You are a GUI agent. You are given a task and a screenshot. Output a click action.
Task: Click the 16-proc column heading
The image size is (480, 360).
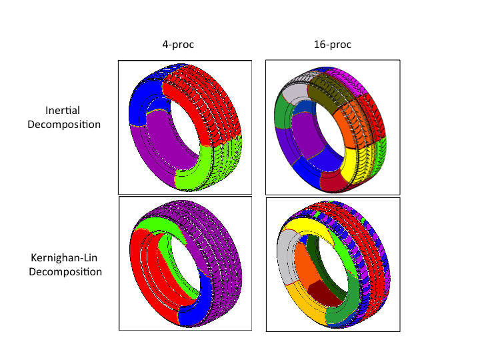(x=332, y=45)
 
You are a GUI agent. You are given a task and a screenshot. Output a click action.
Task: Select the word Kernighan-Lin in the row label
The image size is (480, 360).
(x=65, y=258)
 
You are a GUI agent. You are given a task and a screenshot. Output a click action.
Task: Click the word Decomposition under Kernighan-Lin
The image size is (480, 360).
(x=65, y=272)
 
